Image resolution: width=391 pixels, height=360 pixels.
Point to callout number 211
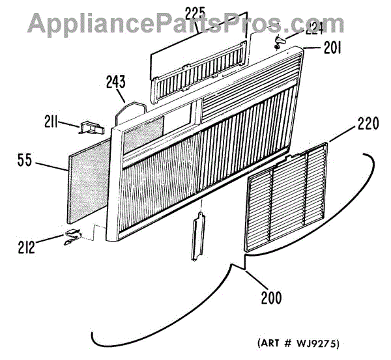51,121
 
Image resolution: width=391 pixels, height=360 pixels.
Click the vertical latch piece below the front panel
197,240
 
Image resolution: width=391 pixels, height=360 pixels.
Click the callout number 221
315,28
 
